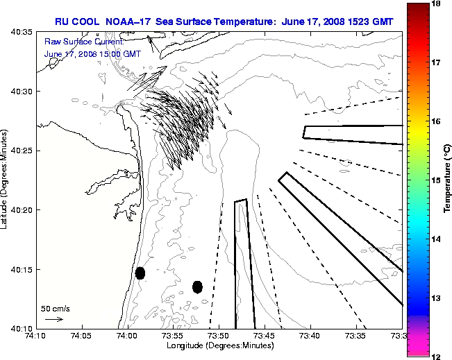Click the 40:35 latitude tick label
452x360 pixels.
[21, 32]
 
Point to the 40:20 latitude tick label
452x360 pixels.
[21, 209]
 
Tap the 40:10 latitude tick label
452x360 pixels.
[21, 327]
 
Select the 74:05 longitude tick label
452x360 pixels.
[81, 336]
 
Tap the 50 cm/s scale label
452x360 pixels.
[56, 308]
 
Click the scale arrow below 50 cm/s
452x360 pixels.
[53, 319]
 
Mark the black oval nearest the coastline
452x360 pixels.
[140, 273]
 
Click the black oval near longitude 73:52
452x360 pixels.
[197, 286]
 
